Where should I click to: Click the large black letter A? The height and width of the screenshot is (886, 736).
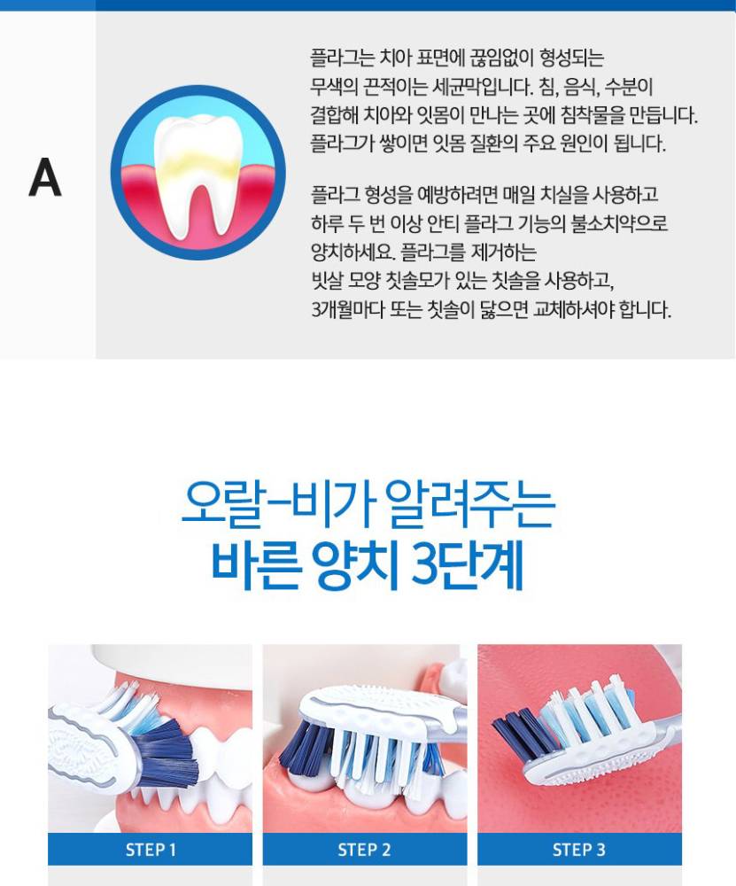click(x=45, y=177)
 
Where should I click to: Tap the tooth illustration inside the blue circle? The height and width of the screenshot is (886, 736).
click(x=196, y=173)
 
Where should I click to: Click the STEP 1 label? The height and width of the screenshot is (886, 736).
click(x=151, y=850)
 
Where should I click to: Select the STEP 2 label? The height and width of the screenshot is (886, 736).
click(x=364, y=850)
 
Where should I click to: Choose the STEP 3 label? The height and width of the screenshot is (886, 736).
click(x=579, y=850)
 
